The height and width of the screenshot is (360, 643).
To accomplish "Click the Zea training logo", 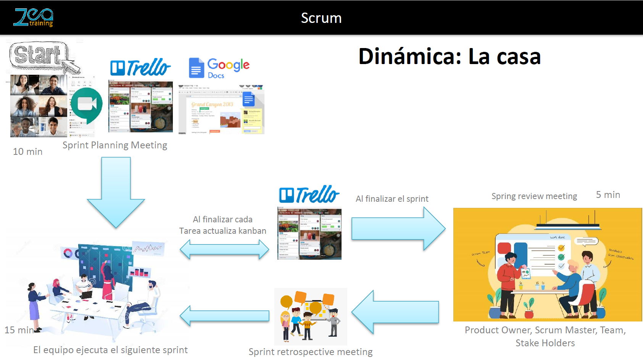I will pos(34,18).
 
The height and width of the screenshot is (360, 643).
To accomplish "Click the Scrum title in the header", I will pos(321,18).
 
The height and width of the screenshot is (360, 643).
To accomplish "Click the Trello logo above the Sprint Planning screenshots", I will pos(140,67).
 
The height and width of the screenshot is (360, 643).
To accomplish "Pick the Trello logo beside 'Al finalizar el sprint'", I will pos(309,194).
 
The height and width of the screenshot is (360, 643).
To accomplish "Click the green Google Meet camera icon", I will pos(87,104).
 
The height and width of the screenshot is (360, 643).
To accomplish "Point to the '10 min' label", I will pos(27,151).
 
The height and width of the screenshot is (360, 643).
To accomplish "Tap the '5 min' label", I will pos(608,194).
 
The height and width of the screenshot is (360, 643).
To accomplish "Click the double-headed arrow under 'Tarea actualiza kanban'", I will pos(224,250).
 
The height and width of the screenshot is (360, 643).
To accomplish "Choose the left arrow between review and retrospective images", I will pos(395,312).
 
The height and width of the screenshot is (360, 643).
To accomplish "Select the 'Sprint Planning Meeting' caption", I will pos(115,145).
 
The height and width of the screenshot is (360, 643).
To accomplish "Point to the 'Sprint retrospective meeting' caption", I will pos(311,352).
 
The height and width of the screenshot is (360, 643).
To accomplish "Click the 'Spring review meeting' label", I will pos(534,196).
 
